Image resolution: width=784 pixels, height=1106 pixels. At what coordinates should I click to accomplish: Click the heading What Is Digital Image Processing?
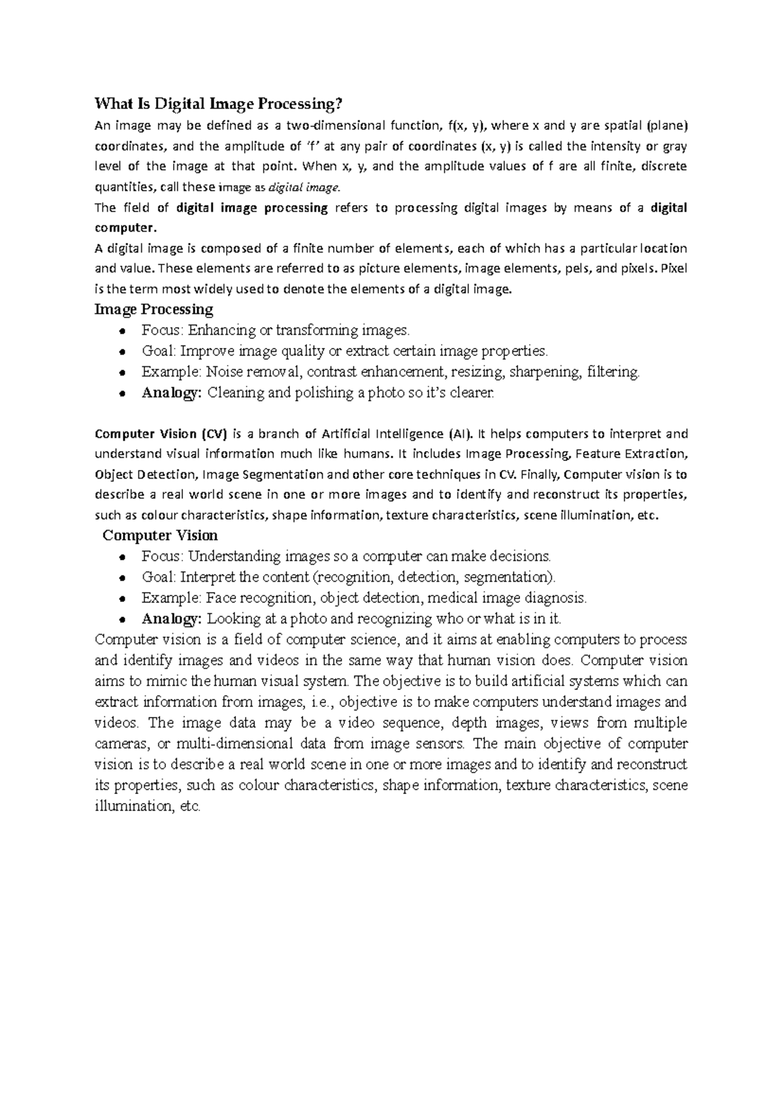218,104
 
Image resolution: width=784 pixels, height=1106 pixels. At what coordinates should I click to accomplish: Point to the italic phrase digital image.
305,187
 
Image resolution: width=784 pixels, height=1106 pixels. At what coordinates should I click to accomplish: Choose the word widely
214,290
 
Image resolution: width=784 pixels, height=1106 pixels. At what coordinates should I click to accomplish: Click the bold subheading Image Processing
154,309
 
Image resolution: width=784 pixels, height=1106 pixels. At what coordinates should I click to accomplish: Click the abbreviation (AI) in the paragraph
461,434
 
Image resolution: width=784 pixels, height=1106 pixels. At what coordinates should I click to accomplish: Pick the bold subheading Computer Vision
161,535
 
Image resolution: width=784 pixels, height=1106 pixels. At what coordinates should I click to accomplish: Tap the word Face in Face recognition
221,597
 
